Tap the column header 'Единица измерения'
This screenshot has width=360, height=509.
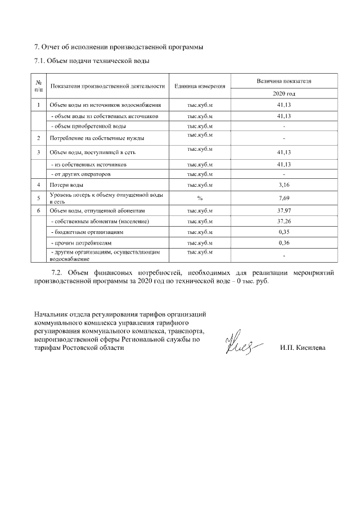[x=200, y=87]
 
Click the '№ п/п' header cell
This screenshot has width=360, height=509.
[x=38, y=86]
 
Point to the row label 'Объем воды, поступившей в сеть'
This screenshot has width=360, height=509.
[x=92, y=152]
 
